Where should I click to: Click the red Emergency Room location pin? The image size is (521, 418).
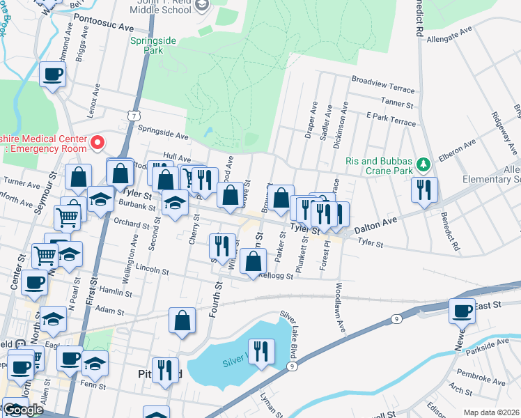tap(98, 143)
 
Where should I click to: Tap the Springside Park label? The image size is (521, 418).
tap(146, 45)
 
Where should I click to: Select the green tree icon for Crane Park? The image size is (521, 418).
tap(423, 165)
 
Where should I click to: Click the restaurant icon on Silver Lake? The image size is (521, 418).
tap(260, 350)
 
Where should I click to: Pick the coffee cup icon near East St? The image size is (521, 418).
tap(461, 310)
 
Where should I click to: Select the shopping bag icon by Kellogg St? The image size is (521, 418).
tap(253, 262)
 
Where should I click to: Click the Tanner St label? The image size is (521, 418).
tap(398, 103)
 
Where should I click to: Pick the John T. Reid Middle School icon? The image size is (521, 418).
tap(202, 6)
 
